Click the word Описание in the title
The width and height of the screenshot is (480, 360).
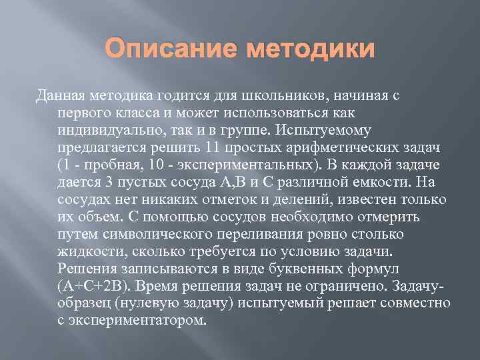pos(175,51)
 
